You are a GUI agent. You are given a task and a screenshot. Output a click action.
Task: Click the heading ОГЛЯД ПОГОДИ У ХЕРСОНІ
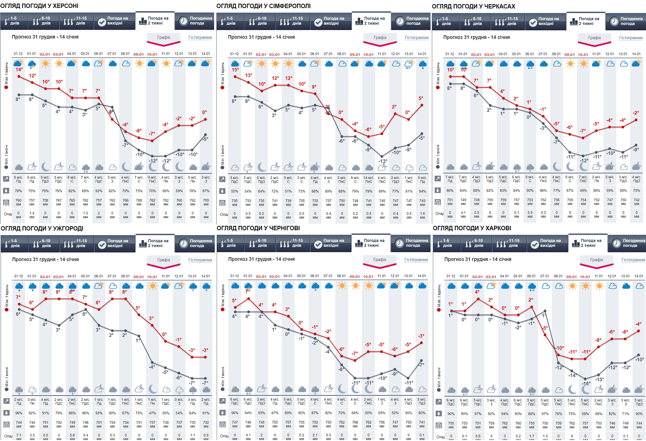40,6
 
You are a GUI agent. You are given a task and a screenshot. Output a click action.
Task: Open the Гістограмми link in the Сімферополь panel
416,38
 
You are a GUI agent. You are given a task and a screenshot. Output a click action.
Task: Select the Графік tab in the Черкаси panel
594,38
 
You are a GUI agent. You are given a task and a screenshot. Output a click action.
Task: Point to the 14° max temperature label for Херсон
19,70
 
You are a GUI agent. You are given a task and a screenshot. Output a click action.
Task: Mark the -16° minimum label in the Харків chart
586,383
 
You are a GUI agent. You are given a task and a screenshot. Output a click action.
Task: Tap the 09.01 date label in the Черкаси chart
570,54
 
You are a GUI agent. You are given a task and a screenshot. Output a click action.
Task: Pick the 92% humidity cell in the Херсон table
99,191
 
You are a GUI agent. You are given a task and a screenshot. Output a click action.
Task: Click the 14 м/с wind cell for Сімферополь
369,180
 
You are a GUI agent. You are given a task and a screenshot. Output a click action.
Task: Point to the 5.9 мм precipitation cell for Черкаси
530,215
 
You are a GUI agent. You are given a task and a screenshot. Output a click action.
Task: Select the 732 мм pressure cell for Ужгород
206,424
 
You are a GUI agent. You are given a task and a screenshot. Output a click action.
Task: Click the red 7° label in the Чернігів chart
247,292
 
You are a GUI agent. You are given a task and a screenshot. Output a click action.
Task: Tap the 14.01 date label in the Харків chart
639,276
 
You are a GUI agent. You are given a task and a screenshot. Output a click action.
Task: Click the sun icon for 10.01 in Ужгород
152,286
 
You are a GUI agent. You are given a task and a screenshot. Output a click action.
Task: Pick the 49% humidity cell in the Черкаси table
583,191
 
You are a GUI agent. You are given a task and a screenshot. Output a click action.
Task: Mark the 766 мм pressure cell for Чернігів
355,424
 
